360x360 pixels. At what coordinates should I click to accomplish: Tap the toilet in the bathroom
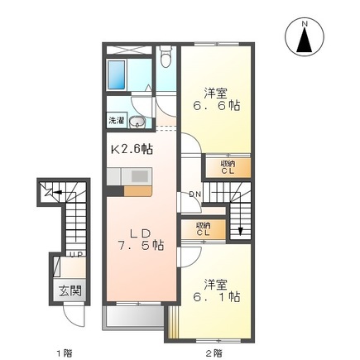coord(166,59)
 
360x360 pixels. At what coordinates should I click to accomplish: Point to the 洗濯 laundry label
coord(117,121)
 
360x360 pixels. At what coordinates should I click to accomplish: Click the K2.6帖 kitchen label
coord(132,149)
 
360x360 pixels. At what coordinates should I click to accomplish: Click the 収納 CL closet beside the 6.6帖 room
coord(227,167)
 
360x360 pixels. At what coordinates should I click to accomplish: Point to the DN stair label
coord(194,194)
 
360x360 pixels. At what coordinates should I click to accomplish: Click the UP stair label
coord(74,253)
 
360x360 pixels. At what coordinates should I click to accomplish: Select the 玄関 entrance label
coord(70,290)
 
